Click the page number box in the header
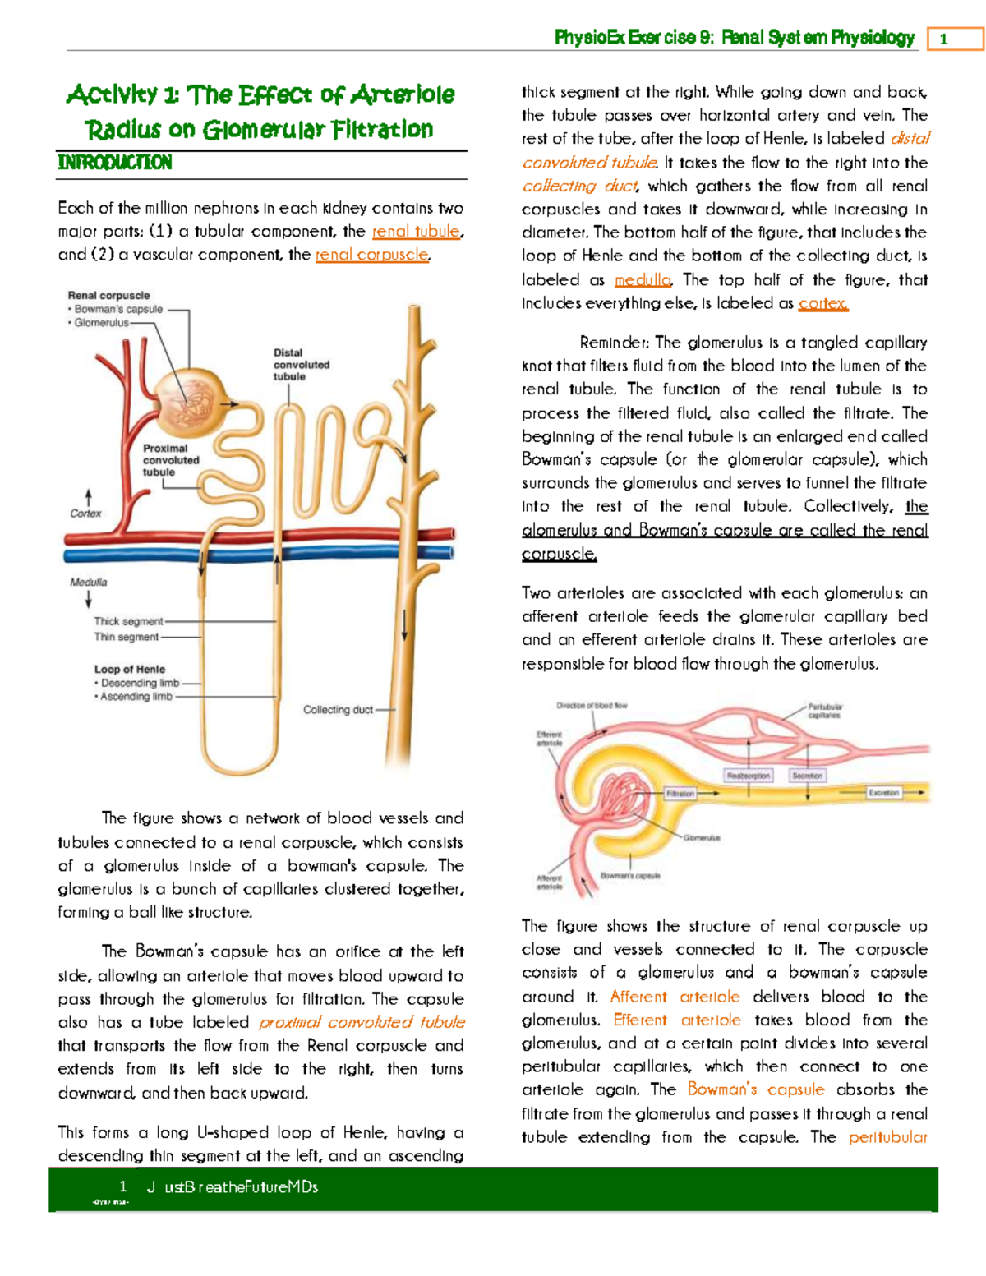pyautogui.click(x=955, y=39)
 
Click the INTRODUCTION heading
pyautogui.click(x=115, y=163)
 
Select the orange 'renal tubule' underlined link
pyautogui.click(x=416, y=232)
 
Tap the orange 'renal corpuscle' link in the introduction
pyautogui.click(x=371, y=255)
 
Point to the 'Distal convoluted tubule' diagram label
pyautogui.click(x=301, y=365)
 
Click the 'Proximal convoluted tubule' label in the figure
pyautogui.click(x=170, y=460)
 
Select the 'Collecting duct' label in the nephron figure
pyautogui.click(x=338, y=710)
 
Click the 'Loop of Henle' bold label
pyautogui.click(x=129, y=670)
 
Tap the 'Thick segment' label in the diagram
pyautogui.click(x=128, y=622)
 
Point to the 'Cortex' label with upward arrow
pyautogui.click(x=85, y=514)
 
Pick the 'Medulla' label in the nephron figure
pyautogui.click(x=88, y=583)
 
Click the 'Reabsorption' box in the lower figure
pyautogui.click(x=748, y=776)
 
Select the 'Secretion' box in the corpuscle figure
pyautogui.click(x=807, y=776)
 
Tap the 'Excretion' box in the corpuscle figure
pyautogui.click(x=883, y=793)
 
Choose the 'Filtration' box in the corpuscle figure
pyautogui.click(x=680, y=794)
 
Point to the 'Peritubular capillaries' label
pyautogui.click(x=824, y=711)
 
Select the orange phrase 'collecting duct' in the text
pyautogui.click(x=579, y=187)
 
